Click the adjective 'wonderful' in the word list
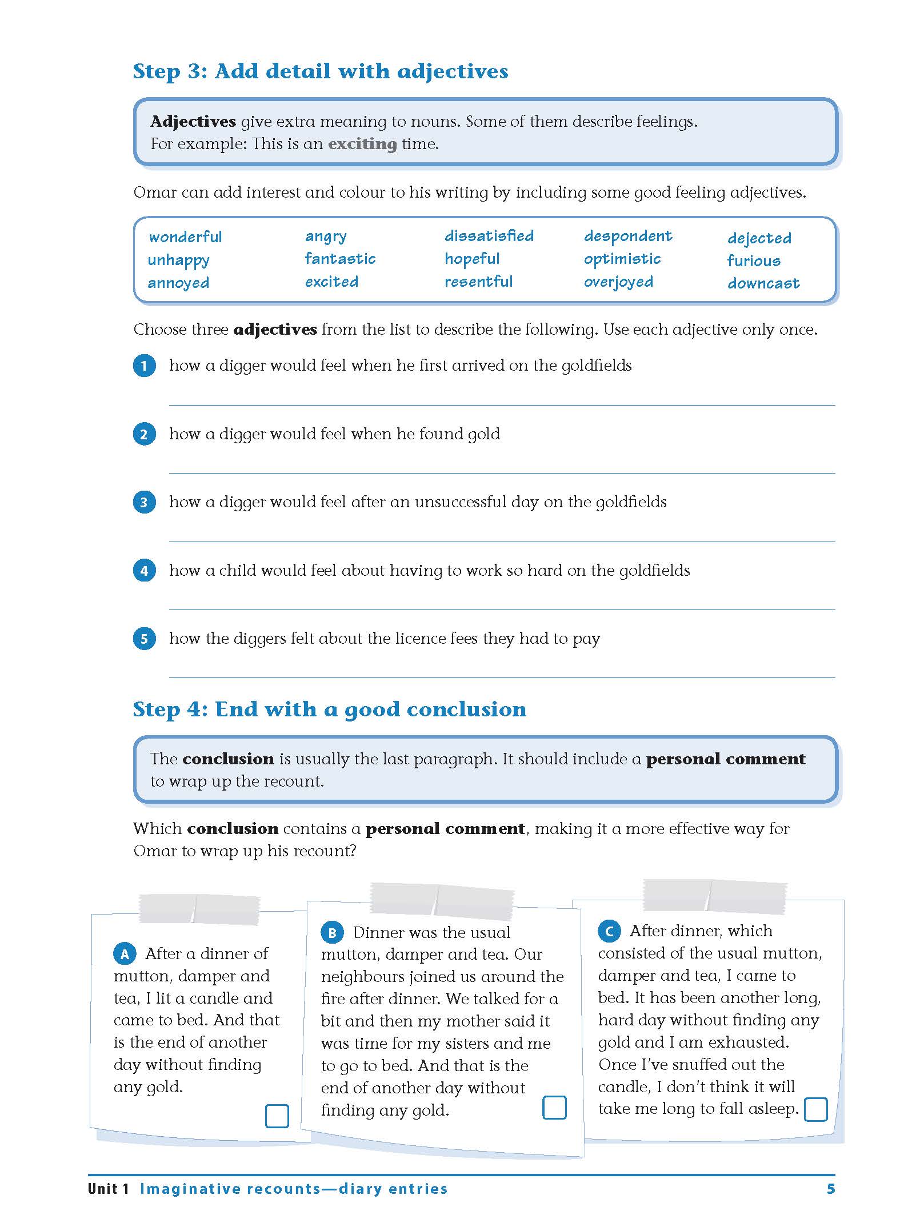[185, 237]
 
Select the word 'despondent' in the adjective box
[628, 236]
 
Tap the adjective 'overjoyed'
[618, 282]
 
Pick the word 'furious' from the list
[754, 261]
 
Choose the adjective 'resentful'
[478, 282]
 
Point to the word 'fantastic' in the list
[340, 259]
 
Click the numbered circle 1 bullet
[144, 366]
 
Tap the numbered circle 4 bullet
[144, 571]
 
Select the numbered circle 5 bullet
[144, 639]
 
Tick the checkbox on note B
[554, 1107]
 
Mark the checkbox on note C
[815, 1109]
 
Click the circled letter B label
[332, 933]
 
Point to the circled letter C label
[609, 931]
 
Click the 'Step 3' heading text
[320, 71]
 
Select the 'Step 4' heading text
[329, 709]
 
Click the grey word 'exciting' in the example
[362, 144]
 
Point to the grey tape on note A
[199, 909]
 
